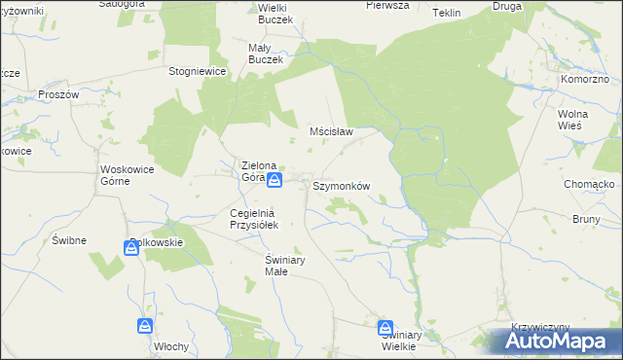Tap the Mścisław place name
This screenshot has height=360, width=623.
pos(330,130)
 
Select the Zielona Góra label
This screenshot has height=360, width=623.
pos(261,171)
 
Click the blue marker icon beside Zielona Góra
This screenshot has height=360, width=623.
pos(275,180)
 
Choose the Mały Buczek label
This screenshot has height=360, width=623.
pos(265,53)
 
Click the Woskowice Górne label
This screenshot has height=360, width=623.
pos(128,175)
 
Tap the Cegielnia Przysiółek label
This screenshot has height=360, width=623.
pos(253,219)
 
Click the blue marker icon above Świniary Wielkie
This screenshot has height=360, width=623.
pos(385,328)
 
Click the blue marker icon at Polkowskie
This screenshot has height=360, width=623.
pos(131,249)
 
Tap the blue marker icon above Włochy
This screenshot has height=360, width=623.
pos(145,326)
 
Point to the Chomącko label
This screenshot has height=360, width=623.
pos(587,184)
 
